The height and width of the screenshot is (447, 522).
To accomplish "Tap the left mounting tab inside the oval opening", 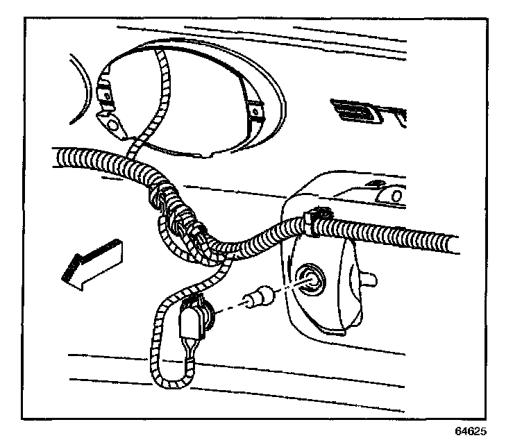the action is point(108,92).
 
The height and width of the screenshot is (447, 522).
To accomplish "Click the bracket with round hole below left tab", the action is point(112,124).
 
